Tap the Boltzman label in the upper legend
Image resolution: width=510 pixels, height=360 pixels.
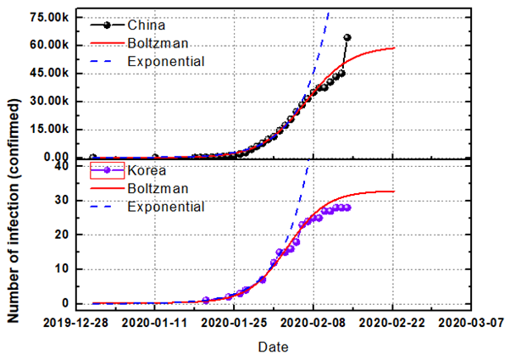click(x=158, y=43)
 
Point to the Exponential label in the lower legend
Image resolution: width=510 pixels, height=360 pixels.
click(x=166, y=207)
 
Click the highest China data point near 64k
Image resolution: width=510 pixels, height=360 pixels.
click(x=347, y=38)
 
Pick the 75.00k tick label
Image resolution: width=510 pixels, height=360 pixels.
click(x=49, y=17)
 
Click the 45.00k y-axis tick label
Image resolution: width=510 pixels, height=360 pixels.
click(x=49, y=73)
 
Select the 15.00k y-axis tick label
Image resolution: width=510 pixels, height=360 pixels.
click(x=49, y=129)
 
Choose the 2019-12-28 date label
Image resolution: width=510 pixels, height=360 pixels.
click(x=76, y=323)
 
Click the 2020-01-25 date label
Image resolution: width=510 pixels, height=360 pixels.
click(x=234, y=323)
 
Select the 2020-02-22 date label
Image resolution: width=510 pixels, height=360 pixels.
click(x=392, y=323)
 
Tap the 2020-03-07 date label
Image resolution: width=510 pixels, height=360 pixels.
click(x=471, y=323)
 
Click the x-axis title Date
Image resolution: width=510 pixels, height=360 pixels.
click(x=273, y=347)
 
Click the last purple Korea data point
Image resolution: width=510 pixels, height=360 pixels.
click(x=347, y=208)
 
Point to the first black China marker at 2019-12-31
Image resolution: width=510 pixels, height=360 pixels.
click(x=93, y=158)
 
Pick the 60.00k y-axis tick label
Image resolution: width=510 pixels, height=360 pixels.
click(x=49, y=45)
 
